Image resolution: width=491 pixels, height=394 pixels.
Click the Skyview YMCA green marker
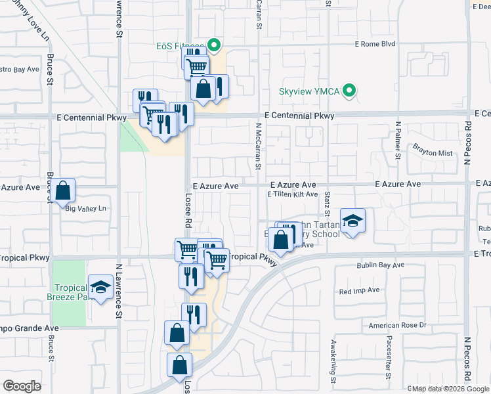[x=351, y=91]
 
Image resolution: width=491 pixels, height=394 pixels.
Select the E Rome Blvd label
[x=375, y=45]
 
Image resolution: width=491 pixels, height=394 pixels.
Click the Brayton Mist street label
[x=433, y=153]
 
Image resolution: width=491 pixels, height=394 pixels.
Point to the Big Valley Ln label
[x=86, y=209]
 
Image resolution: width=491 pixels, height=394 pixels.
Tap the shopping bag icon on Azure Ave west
[x=62, y=191]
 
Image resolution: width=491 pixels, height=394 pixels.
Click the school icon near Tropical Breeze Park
[x=100, y=286]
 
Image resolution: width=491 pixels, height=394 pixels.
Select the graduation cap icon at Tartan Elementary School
[x=352, y=220]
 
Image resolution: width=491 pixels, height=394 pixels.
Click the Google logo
[x=22, y=386]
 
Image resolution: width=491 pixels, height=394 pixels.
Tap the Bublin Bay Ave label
[x=381, y=265]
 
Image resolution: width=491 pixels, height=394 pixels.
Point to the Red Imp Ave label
[x=359, y=290]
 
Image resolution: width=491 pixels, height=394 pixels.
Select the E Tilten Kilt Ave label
[x=292, y=194]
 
